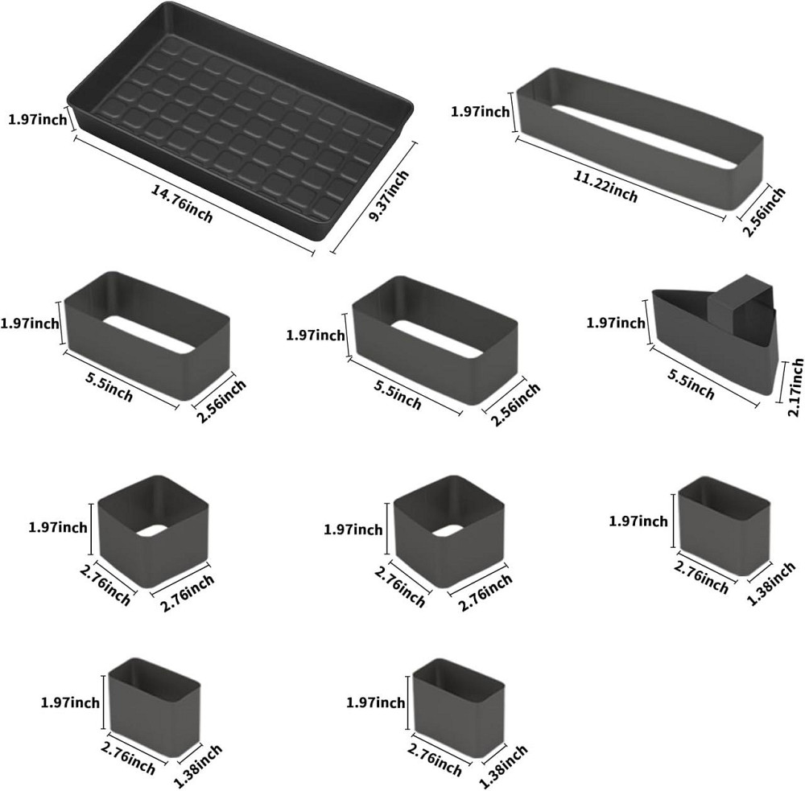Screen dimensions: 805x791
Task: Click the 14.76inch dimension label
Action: pyautogui.click(x=182, y=204)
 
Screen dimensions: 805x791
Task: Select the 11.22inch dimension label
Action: pyautogui.click(x=606, y=185)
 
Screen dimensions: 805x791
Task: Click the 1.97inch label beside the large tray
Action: pyautogui.click(x=38, y=120)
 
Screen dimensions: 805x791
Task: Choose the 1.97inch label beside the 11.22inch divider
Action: pyautogui.click(x=480, y=111)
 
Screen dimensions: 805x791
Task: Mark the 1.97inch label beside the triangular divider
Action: pyautogui.click(x=616, y=323)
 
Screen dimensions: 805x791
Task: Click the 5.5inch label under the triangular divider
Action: pyautogui.click(x=691, y=384)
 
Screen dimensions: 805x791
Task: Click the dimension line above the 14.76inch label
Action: pyautogui.click(x=195, y=195)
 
